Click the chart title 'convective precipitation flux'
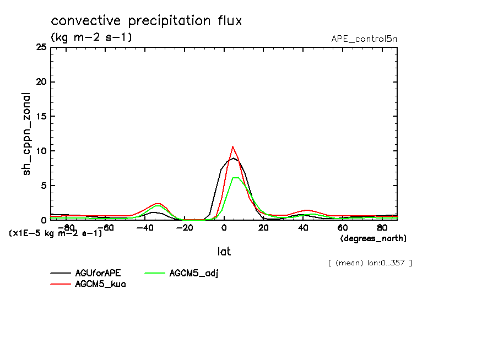click(x=147, y=21)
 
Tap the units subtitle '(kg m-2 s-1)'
click(x=91, y=38)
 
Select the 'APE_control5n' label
click(x=364, y=39)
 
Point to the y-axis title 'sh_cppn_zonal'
click(x=27, y=134)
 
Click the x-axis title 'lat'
click(x=224, y=252)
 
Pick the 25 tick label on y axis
click(x=41, y=47)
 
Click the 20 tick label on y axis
click(x=41, y=82)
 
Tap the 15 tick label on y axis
click(x=41, y=117)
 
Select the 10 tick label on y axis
click(x=41, y=151)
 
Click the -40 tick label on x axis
click(x=145, y=227)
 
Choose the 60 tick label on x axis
click(x=342, y=227)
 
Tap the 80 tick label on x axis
click(x=382, y=227)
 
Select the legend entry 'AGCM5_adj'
click(x=194, y=273)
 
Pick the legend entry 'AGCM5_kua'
click(x=100, y=284)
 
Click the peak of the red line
click(x=233, y=146)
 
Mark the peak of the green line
click(x=235, y=177)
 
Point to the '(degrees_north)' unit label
click(x=373, y=238)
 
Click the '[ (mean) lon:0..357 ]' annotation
click(x=370, y=263)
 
